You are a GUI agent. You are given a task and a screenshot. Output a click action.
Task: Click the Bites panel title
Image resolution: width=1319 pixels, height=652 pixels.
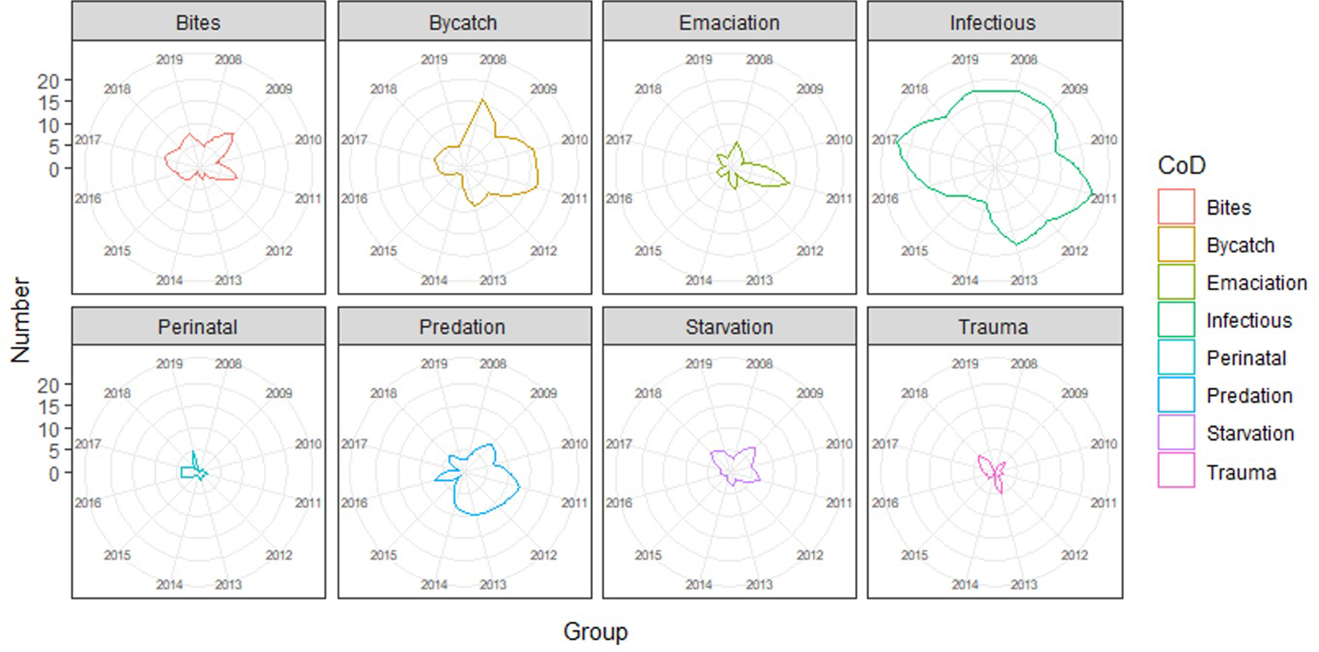(198, 23)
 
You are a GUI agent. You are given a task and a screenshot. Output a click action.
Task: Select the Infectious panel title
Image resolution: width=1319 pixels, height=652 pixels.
(994, 23)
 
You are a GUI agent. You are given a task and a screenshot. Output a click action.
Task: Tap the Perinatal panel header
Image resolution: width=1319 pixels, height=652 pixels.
(198, 327)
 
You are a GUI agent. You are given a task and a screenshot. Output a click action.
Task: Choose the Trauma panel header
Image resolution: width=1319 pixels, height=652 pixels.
(994, 327)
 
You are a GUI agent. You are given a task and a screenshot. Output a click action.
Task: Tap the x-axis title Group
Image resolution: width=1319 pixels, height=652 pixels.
(595, 633)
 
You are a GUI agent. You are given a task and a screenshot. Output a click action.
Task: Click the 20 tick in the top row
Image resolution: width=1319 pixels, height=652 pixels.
(51, 80)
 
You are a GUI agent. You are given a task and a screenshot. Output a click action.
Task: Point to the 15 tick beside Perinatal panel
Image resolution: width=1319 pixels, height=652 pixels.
(51, 406)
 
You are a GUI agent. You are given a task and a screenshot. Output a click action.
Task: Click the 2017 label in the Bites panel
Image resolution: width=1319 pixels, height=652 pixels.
(88, 140)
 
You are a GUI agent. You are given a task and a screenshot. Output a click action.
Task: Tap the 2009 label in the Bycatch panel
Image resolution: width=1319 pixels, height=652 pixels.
(543, 88)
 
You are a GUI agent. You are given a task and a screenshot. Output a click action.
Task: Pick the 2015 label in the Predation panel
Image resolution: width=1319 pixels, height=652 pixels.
(383, 556)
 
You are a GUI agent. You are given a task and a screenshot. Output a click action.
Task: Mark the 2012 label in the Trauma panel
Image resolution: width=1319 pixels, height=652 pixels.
(1073, 556)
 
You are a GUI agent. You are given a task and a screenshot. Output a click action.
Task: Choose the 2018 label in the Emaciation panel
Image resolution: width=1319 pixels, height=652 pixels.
(648, 88)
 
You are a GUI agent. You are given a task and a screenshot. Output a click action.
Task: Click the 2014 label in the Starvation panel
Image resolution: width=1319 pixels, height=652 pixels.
(699, 585)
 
